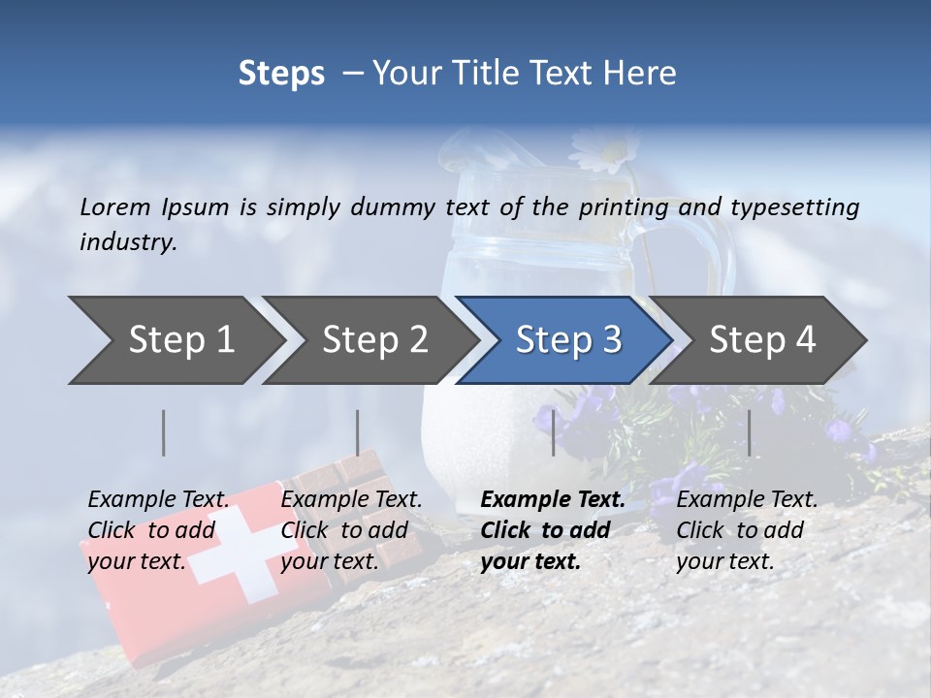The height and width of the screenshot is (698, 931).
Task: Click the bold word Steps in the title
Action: [x=281, y=73]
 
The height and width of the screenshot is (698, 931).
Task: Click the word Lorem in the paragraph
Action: [x=115, y=206]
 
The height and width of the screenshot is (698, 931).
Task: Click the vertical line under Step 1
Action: [x=164, y=432]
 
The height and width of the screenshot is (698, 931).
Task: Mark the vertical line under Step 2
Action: [x=358, y=432]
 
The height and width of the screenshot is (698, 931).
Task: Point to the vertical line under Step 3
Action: [x=553, y=432]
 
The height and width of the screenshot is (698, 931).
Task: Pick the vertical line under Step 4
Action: [x=749, y=432]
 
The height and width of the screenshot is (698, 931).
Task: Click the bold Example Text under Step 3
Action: [x=553, y=499]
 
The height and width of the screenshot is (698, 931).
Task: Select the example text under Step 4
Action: [x=747, y=529]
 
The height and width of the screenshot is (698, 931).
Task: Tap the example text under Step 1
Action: [x=158, y=529]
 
